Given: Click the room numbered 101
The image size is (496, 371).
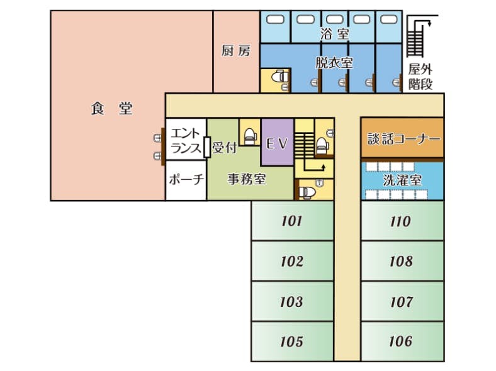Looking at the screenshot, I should point(291,221).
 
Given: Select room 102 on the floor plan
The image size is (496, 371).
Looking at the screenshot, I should point(291,262).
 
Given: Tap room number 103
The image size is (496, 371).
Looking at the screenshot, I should point(291,302).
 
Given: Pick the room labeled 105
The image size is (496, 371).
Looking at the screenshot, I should point(291,341).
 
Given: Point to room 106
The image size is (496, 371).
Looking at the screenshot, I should point(400,341).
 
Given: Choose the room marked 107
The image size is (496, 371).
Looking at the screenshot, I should point(400,302).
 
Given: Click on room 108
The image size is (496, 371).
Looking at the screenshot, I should point(400,262).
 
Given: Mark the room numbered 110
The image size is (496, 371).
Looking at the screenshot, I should point(400,221).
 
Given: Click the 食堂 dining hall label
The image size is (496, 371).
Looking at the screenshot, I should point(111,109).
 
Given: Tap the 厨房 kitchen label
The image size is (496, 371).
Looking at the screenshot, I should point(235,51).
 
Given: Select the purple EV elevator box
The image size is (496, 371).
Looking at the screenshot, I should point(277,143).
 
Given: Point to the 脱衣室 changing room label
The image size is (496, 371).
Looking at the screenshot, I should point(334,63).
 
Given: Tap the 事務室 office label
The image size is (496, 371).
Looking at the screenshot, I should point(246,179).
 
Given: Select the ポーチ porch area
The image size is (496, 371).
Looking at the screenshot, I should point(186,180).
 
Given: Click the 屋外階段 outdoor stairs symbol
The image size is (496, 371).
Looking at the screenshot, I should point(415,38).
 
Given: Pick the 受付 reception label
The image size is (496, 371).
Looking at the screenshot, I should point(223,148).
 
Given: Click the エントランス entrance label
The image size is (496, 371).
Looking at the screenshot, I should point(186,141).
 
